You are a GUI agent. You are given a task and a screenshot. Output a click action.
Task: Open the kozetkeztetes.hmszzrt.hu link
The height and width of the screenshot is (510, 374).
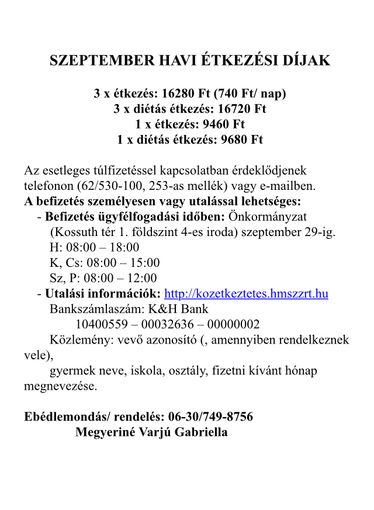pos(246,293)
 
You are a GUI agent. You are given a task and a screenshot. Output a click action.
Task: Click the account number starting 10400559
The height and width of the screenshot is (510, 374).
pos(168,324)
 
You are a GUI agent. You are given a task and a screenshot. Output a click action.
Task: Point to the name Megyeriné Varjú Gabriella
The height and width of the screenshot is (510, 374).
pos(151,432)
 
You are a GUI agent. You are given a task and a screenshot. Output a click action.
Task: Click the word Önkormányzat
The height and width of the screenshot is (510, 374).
pos(268,217)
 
